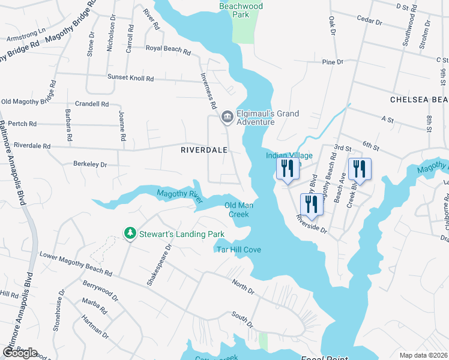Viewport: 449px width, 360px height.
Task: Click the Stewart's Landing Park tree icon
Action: pos(128,233)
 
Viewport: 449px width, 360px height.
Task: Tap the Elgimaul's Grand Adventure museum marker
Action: pos(227,116)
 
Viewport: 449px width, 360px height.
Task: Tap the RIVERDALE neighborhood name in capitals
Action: pos(204,151)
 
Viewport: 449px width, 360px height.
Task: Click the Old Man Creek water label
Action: pos(239,209)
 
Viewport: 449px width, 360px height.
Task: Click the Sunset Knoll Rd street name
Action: pos(130,78)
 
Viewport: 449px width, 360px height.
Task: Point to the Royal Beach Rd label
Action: pos(167,49)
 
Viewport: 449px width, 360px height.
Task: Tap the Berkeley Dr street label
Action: pos(89,164)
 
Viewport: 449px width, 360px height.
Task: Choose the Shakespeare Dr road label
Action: pos(160,264)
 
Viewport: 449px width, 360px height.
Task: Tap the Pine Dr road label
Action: pos(332,62)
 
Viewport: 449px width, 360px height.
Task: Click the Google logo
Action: pos(20,353)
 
